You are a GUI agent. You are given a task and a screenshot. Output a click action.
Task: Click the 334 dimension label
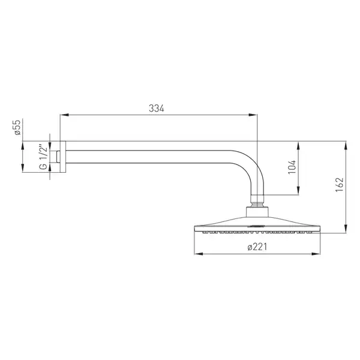[157, 108]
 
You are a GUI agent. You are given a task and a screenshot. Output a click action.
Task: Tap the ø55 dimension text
[17, 127]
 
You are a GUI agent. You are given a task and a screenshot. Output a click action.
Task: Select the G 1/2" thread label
[43, 157]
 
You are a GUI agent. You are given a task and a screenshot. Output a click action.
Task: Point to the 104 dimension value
[292, 167]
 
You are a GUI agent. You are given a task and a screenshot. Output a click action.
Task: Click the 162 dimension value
[340, 185]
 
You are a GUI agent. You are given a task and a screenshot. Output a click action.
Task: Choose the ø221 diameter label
[257, 247]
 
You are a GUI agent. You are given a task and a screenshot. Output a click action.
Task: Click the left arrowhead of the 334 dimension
[64, 115]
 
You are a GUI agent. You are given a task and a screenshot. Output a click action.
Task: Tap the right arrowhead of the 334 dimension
[253, 115]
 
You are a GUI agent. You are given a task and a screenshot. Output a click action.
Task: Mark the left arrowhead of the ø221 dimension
[199, 254]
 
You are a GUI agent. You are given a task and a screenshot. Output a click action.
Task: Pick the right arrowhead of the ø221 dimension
[316, 254]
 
